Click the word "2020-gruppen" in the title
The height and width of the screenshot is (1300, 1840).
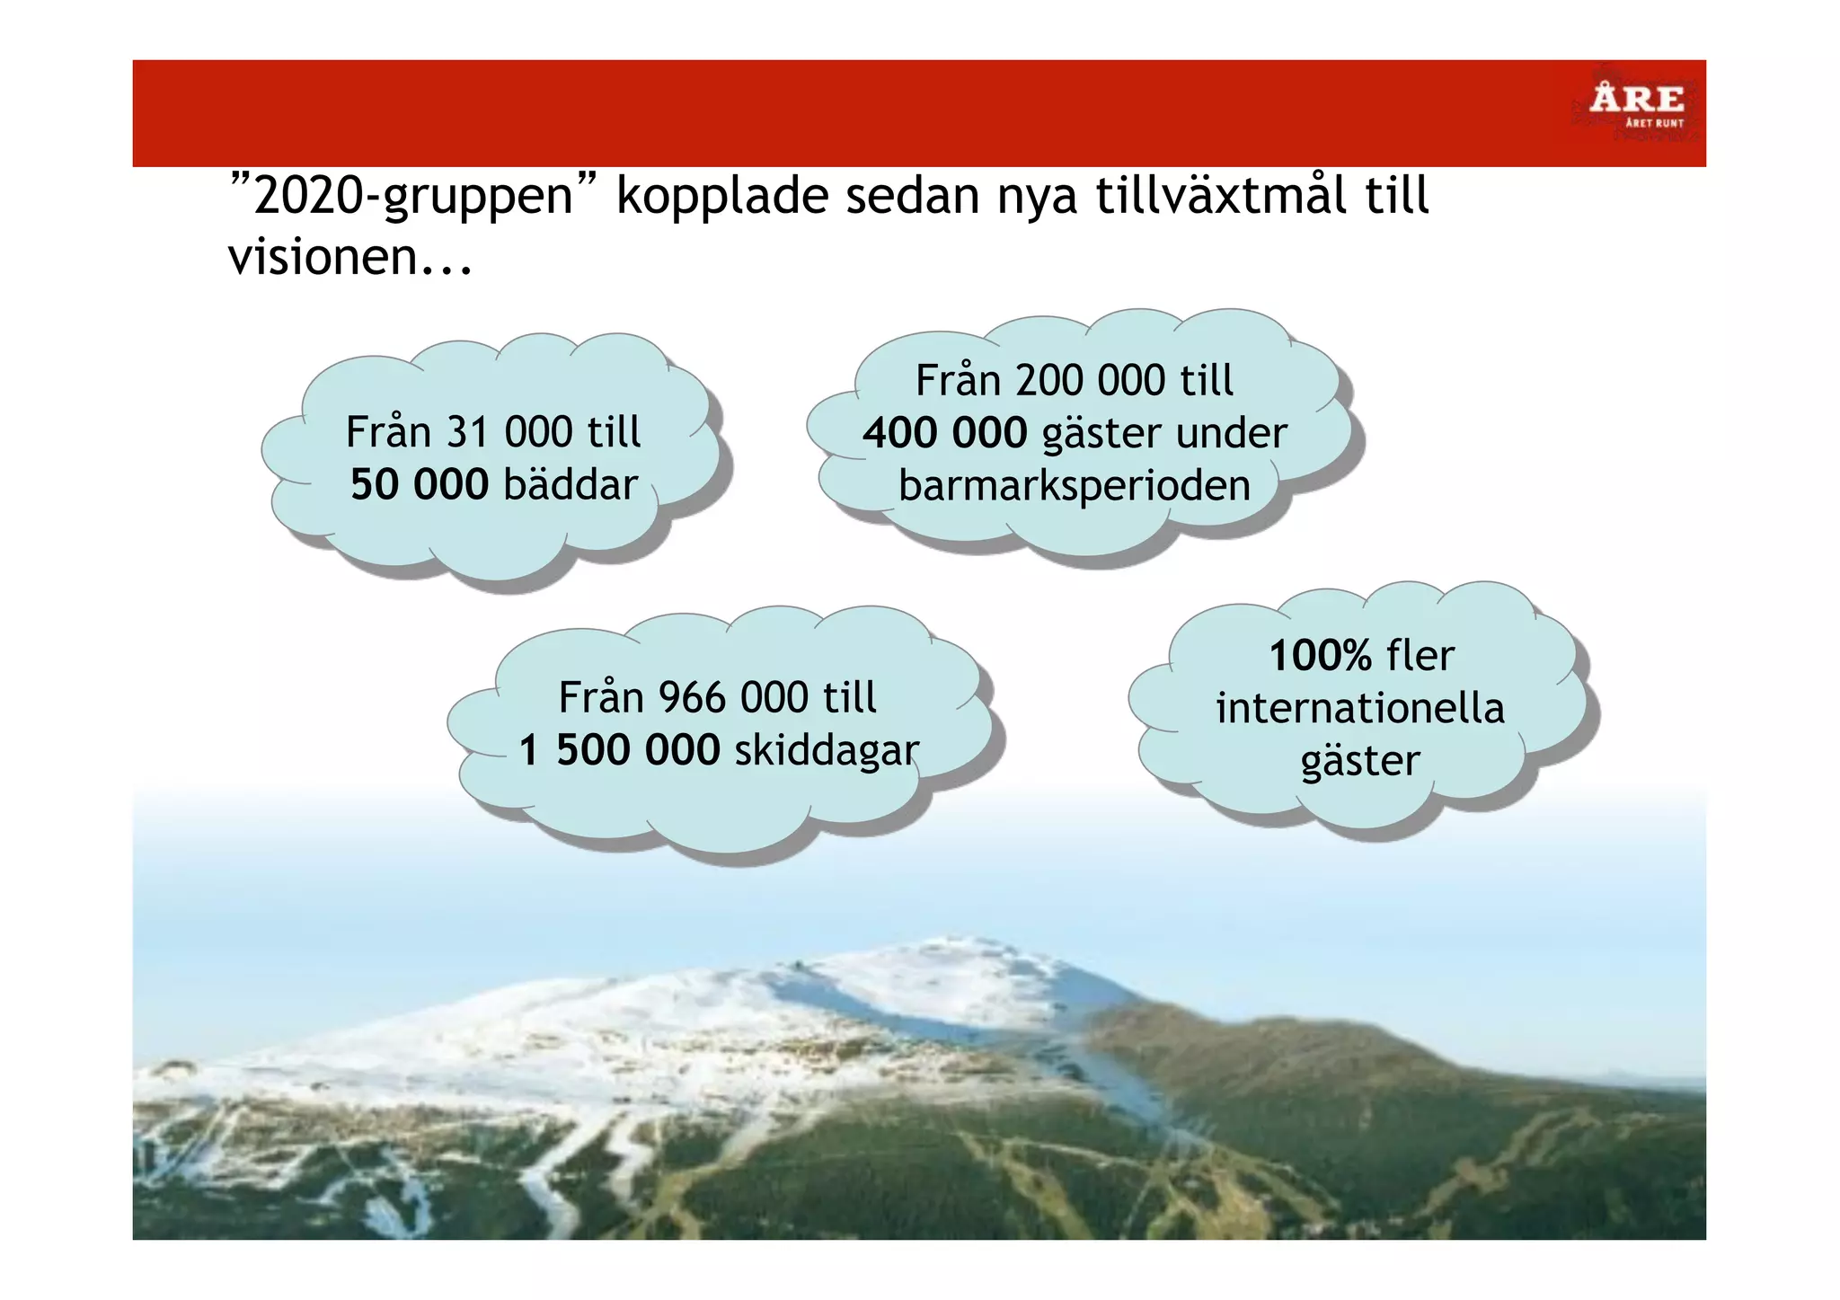[x=414, y=196]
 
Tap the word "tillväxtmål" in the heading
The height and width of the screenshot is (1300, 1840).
[x=1221, y=196]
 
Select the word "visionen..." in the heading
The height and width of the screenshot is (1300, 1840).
[x=349, y=257]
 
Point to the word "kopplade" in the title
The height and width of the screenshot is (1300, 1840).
[x=721, y=196]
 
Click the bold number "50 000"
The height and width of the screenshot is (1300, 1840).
[x=419, y=484]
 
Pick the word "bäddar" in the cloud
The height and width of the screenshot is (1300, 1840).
[x=571, y=484]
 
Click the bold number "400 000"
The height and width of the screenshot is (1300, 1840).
[x=944, y=433]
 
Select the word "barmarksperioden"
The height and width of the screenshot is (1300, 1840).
[x=1075, y=485]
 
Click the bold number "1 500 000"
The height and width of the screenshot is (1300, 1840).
[x=619, y=750]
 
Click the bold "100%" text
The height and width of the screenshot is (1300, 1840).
[x=1320, y=656]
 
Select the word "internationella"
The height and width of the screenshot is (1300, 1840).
[x=1360, y=708]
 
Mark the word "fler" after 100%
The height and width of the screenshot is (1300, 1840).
[x=1420, y=656]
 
